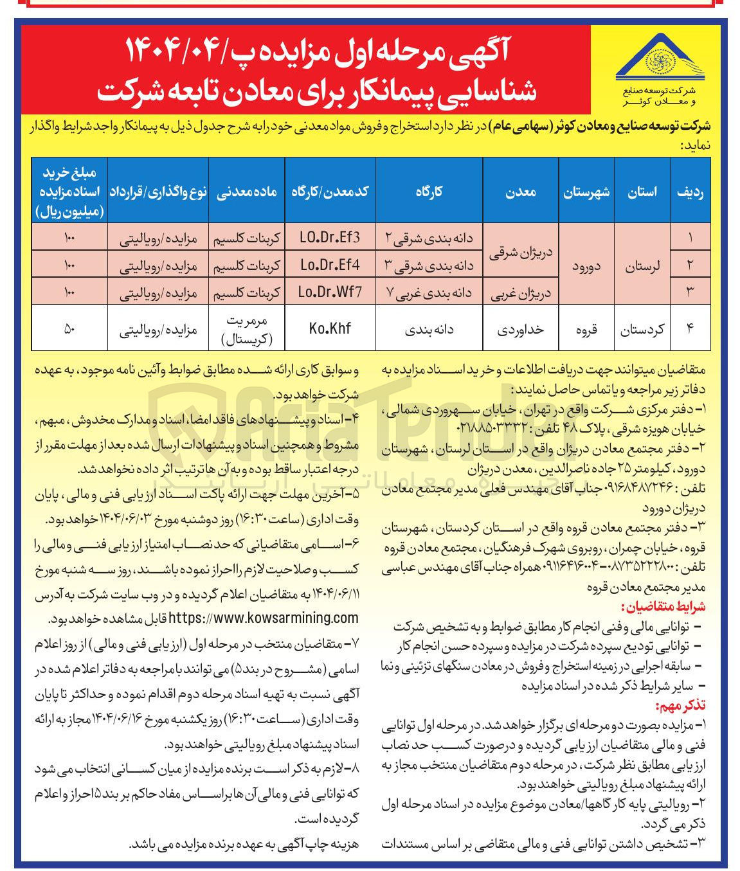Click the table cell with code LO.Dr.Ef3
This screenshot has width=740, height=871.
pos(329,237)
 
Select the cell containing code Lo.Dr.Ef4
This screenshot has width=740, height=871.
pos(329,264)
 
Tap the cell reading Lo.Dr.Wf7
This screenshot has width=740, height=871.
pos(329,291)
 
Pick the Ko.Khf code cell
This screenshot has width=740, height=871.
pos(329,328)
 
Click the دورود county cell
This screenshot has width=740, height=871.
pos(586,264)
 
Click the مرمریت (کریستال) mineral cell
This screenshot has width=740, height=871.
pos(246,328)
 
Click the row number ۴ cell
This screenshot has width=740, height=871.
pos(690,328)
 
